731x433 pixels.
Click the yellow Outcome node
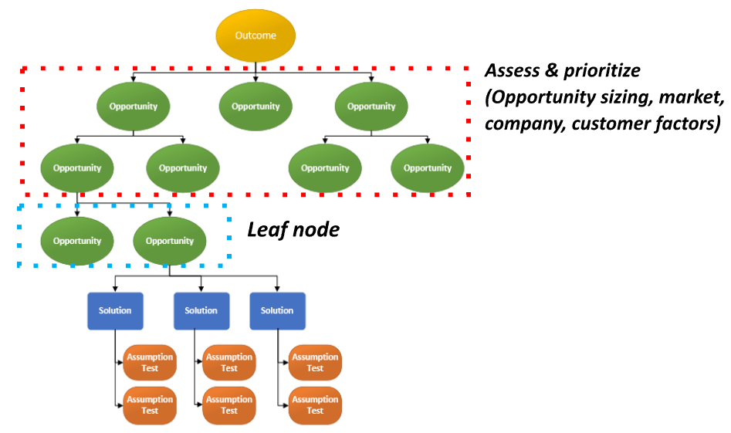pyautogui.click(x=256, y=36)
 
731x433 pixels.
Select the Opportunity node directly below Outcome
pyautogui.click(x=256, y=107)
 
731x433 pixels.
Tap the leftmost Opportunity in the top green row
pyautogui.click(x=134, y=107)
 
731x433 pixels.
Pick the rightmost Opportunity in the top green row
pyautogui.click(x=371, y=107)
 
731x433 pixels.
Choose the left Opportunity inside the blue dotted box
pyautogui.click(x=76, y=241)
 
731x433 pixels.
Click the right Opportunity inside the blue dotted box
pyautogui.click(x=170, y=241)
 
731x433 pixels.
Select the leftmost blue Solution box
pyautogui.click(x=115, y=311)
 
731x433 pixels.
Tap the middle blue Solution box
pyautogui.click(x=201, y=311)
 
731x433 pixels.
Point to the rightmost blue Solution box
pyautogui.click(x=277, y=311)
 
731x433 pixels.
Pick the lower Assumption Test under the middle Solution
pyautogui.click(x=229, y=405)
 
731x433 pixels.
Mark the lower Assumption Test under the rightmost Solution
pyautogui.click(x=315, y=405)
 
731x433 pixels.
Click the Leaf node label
pyautogui.click(x=293, y=230)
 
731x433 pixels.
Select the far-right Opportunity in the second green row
pyautogui.click(x=427, y=168)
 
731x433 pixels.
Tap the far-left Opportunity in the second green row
pyautogui.click(x=76, y=168)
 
